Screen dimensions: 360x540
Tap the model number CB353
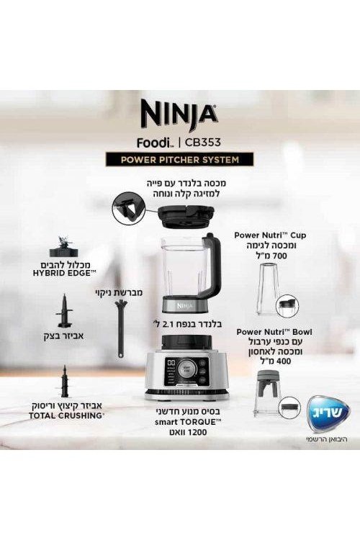203,143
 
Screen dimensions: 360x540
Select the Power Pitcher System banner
179,160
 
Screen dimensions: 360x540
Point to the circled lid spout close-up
128,209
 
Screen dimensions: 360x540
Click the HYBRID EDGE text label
64,274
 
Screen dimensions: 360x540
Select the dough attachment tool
64,311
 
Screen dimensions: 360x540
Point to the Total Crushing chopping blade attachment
64,382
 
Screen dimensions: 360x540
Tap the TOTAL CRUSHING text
66,415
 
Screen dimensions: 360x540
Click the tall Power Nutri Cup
268,289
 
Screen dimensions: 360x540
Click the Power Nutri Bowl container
267,393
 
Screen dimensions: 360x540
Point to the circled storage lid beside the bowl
289,408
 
